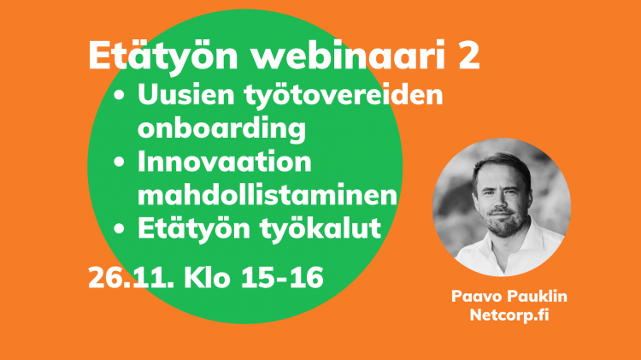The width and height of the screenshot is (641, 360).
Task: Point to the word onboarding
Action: pos(221,128)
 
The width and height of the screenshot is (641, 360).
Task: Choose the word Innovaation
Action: pos(225,162)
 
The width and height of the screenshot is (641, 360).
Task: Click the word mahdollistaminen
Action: pos(268,196)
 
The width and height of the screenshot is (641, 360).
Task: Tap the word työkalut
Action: pos(320,229)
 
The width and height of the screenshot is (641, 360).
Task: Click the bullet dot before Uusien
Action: pos(119,96)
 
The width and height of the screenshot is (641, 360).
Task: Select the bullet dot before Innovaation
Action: pos(119,162)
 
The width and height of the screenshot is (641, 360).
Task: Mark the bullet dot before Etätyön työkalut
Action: pos(119,229)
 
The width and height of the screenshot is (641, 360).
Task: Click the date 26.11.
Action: pos(131,278)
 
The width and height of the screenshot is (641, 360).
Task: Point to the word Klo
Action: pos(207,277)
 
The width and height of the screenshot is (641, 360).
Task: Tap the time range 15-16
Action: pos(282,278)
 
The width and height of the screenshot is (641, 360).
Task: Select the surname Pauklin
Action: pos(533,296)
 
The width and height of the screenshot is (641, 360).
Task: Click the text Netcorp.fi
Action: pos(509,315)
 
